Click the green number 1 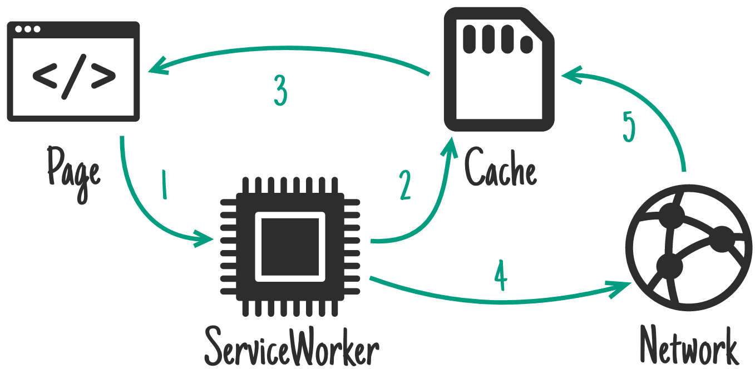pos(164,184)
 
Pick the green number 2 pos(405,185)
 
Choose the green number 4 pos(501,275)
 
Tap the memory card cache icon pos(499,69)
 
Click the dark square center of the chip pos(290,247)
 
